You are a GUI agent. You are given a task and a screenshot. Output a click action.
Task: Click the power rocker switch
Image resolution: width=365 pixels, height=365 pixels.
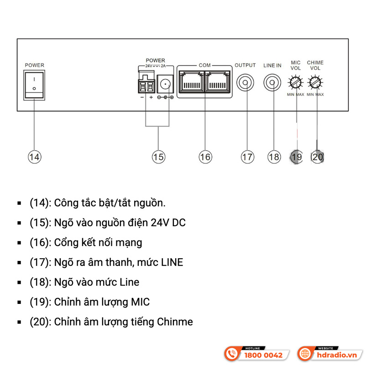click(34, 84)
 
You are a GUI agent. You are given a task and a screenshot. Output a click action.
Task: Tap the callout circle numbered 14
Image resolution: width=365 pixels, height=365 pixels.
click(34, 157)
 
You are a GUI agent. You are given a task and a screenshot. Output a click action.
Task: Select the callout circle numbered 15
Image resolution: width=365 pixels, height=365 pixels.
click(158, 157)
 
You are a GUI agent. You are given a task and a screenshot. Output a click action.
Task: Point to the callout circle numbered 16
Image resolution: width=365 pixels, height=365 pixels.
click(205, 157)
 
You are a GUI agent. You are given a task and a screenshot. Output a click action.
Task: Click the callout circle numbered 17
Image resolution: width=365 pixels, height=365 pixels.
click(247, 157)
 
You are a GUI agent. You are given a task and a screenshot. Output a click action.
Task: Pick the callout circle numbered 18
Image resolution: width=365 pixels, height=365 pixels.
click(274, 157)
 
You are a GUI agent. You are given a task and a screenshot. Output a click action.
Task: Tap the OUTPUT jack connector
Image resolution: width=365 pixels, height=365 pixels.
click(245, 83)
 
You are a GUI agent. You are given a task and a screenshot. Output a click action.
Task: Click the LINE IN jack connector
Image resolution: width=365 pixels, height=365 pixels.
click(272, 83)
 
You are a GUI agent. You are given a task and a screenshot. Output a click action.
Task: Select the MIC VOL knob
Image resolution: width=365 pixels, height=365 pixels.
click(296, 83)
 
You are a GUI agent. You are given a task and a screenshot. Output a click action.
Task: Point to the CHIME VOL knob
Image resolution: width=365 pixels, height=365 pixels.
click(315, 83)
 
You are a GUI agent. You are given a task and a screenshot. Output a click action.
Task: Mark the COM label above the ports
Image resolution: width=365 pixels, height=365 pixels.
click(205, 65)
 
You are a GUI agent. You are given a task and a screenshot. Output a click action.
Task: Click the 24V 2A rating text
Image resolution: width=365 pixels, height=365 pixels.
click(155, 66)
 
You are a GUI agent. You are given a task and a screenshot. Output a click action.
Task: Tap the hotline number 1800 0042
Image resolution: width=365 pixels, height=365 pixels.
click(264, 355)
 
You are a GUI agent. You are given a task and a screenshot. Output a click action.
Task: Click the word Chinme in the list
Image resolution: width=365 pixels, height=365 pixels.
click(175, 322)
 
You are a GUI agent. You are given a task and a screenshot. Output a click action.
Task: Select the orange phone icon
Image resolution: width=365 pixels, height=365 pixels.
click(232, 354)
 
